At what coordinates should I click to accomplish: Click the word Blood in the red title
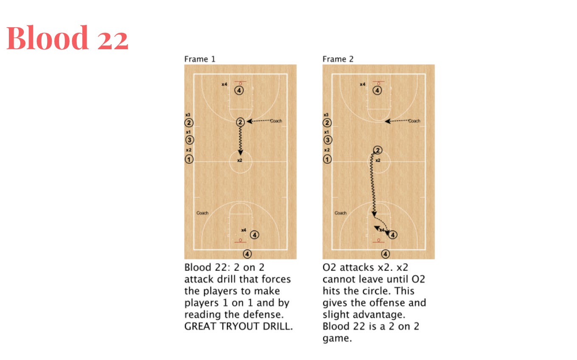tap(48, 38)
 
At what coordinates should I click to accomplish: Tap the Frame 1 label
tap(200, 59)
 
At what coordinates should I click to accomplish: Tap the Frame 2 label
tap(338, 59)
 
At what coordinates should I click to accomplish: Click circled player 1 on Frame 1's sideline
tap(189, 159)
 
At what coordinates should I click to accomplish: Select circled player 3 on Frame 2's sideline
tap(328, 140)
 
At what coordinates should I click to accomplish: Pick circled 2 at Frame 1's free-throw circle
tap(240, 122)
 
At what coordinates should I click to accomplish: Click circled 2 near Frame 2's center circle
tap(378, 150)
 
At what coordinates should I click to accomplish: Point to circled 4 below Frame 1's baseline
tap(247, 254)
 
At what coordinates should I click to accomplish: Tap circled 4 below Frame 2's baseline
tap(385, 254)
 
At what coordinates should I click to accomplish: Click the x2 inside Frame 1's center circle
tap(240, 160)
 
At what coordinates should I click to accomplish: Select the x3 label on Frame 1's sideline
tap(188, 115)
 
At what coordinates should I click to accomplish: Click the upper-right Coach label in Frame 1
tap(276, 121)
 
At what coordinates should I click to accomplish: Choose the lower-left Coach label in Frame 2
tap(341, 213)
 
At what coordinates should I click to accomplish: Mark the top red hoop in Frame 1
tap(240, 84)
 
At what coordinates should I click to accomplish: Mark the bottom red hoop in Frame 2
tap(378, 240)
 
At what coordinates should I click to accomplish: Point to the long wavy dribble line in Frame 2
tap(373, 185)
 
